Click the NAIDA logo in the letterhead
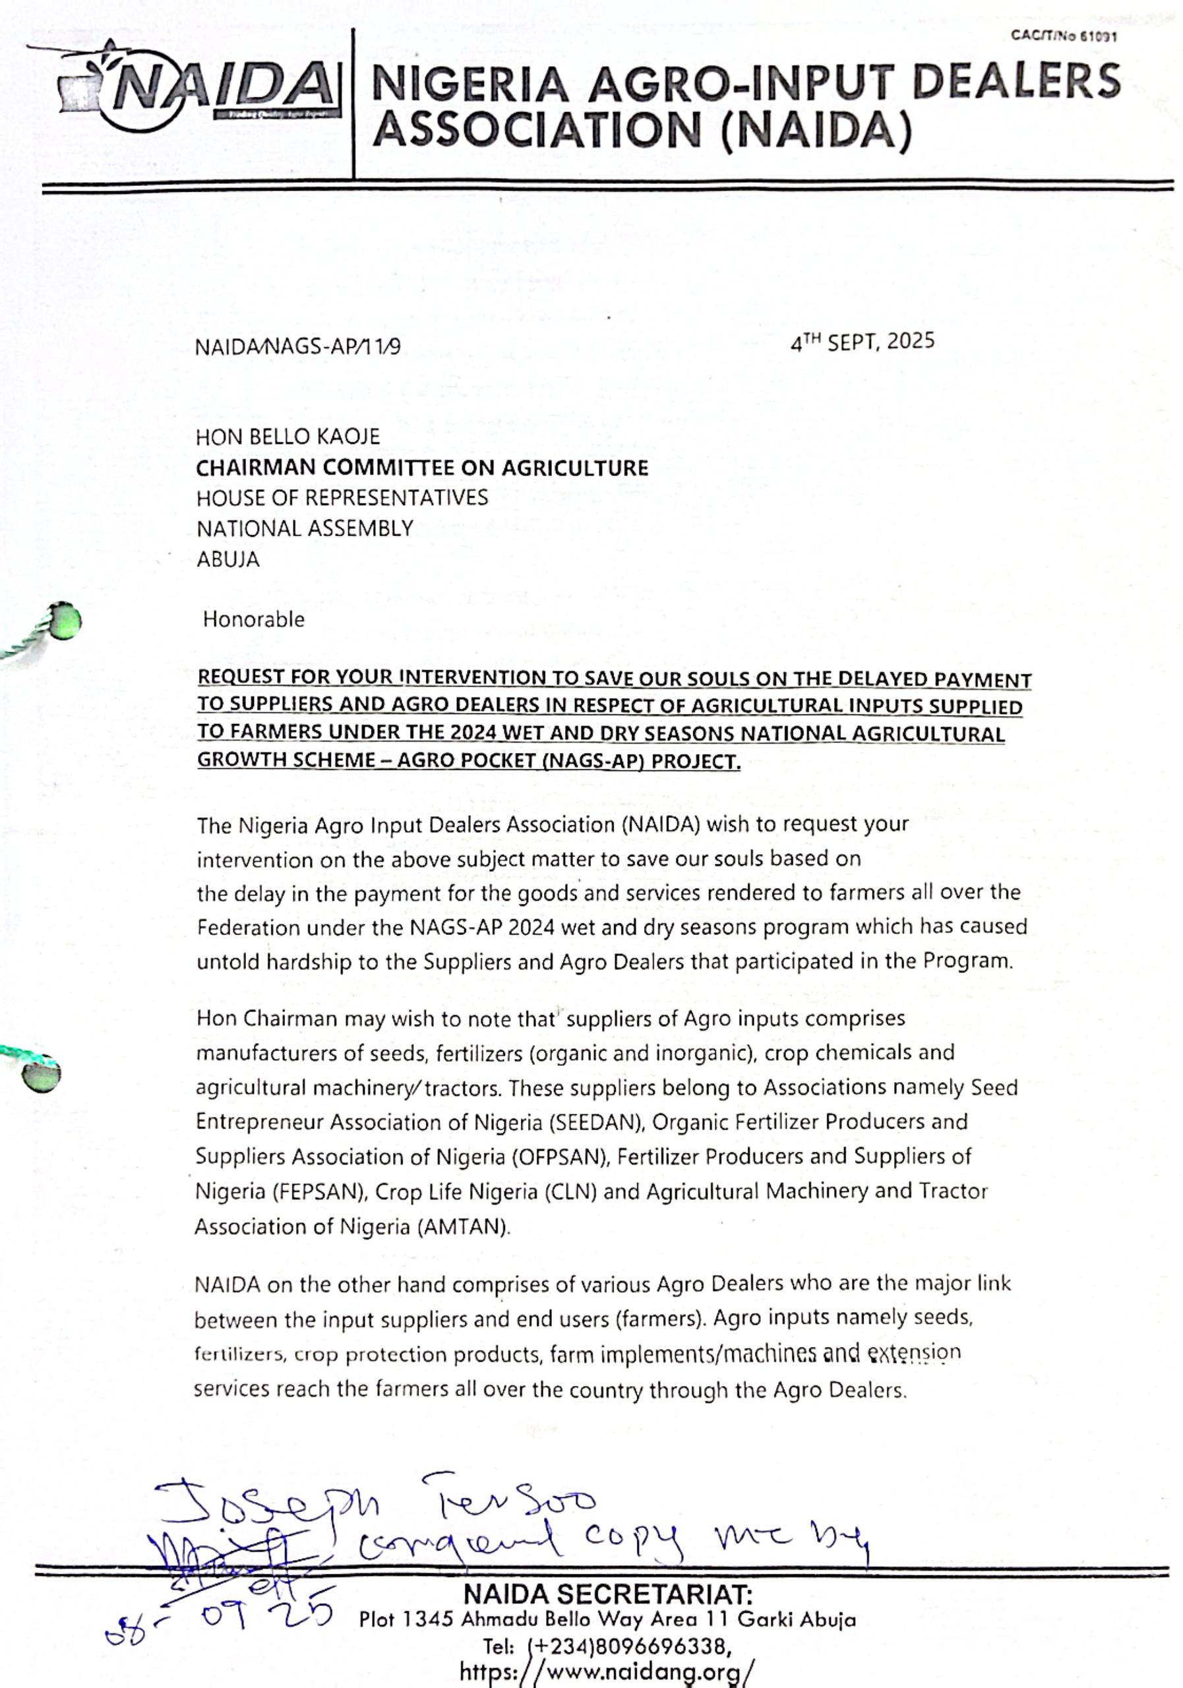pos(213,88)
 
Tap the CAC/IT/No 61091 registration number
pos(1063,36)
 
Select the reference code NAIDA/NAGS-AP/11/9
pos(298,347)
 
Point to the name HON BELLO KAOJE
pos(288,437)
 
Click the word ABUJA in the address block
pos(228,560)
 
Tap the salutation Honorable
pos(254,620)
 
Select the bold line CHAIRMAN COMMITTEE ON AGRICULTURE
pos(422,467)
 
